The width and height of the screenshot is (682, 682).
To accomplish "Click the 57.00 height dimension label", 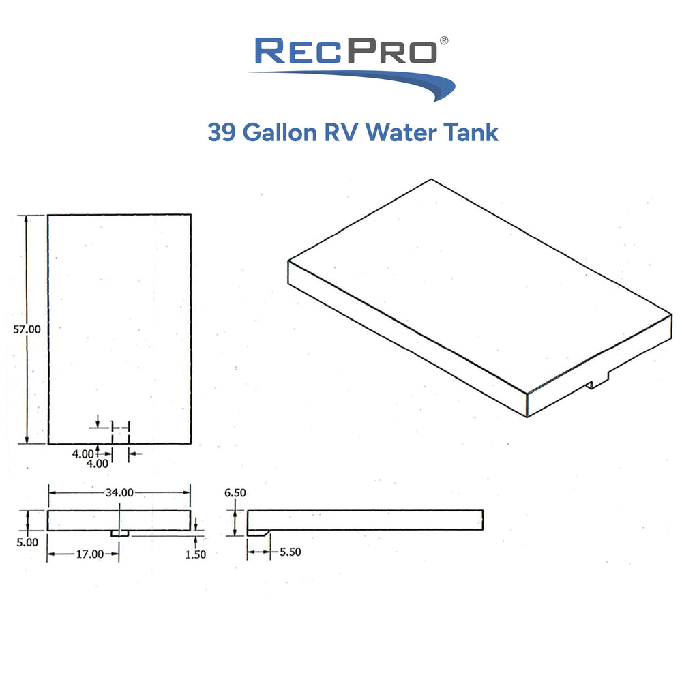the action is click(x=27, y=329).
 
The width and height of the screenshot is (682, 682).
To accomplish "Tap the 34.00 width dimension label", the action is click(x=119, y=492).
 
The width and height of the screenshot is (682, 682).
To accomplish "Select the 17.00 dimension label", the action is click(x=90, y=554).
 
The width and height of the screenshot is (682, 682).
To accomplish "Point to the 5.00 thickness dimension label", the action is click(x=27, y=542).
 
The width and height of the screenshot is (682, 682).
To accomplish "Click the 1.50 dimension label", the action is click(x=195, y=554).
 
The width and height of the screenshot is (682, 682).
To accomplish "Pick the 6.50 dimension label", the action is click(x=235, y=493).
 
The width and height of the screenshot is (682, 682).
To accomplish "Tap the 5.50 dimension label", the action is click(x=290, y=552).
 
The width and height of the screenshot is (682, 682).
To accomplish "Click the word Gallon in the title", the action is click(x=280, y=132).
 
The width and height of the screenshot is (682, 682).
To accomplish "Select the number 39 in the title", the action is click(x=222, y=132).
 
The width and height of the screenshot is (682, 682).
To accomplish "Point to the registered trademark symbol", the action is click(x=444, y=40).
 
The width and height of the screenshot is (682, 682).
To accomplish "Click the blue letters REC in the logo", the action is click(x=299, y=51).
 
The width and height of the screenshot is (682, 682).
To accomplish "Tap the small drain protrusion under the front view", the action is click(x=119, y=533).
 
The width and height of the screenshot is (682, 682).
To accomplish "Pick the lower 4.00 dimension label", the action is click(x=97, y=464).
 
